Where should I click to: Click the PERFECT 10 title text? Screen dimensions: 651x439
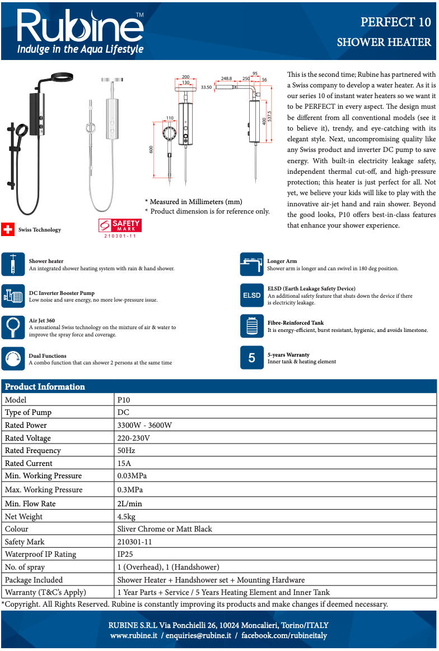[395, 22]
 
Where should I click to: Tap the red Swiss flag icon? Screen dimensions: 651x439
[7, 229]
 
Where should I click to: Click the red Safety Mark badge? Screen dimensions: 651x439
[120, 225]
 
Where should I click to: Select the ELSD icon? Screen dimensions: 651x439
[251, 296]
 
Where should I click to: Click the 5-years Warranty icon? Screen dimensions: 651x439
[251, 358]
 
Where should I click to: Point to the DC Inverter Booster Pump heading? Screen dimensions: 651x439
[62, 293]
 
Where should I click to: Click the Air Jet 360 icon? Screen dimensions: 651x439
[12, 327]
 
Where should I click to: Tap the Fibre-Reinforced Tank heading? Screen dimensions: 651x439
[296, 322]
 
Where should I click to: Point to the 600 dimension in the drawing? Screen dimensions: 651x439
[151, 150]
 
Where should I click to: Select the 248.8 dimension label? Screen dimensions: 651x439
[226, 79]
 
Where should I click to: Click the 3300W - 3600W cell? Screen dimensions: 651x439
[144, 425]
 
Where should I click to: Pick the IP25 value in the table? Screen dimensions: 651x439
[127, 554]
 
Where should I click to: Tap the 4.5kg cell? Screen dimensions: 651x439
[126, 516]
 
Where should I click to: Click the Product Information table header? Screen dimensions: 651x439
[45, 386]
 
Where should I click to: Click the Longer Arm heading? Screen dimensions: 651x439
[282, 261]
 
